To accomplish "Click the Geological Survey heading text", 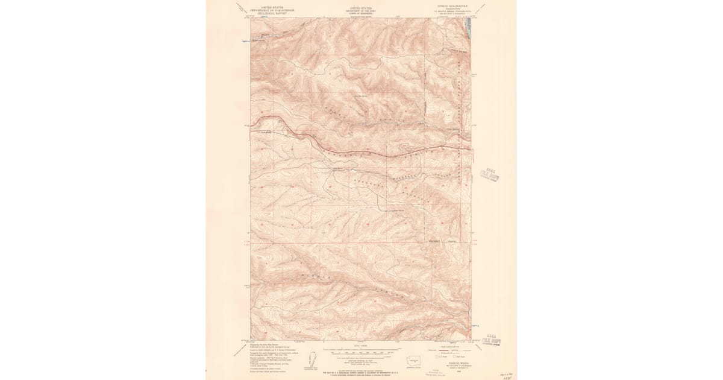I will [269, 10].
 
